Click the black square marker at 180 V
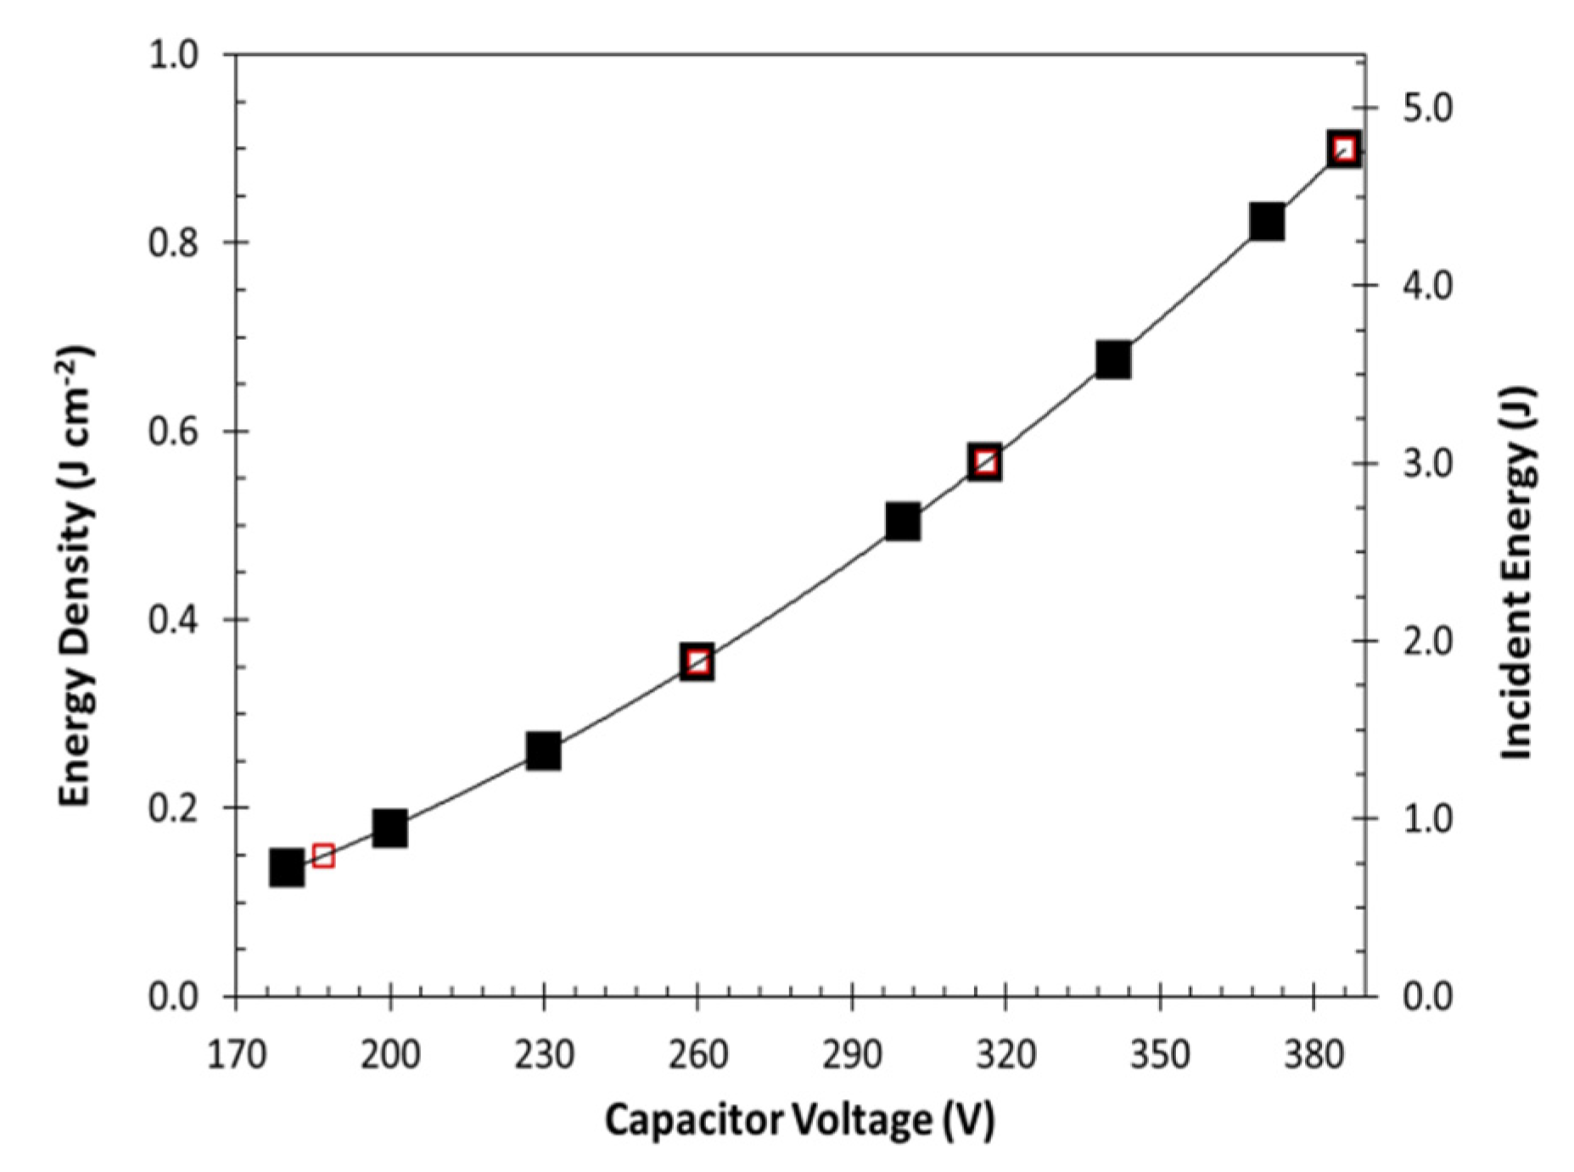(287, 868)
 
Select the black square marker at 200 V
(389, 829)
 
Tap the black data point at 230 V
(543, 751)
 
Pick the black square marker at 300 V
(903, 522)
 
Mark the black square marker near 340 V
(1113, 360)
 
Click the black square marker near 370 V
(1267, 221)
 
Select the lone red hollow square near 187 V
(322, 856)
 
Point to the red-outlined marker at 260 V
(697, 661)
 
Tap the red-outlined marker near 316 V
(985, 462)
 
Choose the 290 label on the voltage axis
(851, 1055)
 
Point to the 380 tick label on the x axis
(1313, 1055)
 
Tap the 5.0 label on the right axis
(1427, 109)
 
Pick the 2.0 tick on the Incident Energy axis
(1427, 641)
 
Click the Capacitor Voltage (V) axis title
(798, 1120)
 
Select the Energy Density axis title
(76, 577)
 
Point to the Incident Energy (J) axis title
(1519, 572)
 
